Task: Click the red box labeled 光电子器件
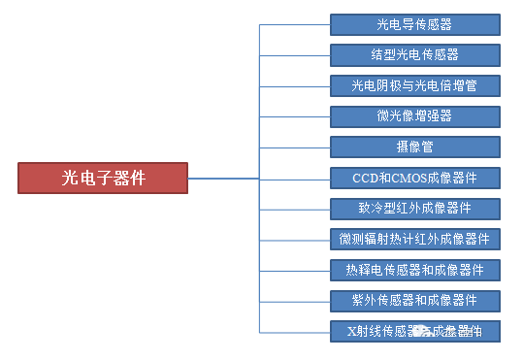[103, 178]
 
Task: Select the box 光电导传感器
[414, 23]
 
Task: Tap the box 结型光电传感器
[414, 54]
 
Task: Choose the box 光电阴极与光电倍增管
[414, 85]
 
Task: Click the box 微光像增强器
[414, 116]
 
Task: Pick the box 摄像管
[414, 147]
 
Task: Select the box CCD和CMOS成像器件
[414, 178]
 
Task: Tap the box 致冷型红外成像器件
[414, 209]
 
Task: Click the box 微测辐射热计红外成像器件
[414, 239]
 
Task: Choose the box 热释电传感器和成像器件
[414, 270]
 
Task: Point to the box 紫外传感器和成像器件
[414, 301]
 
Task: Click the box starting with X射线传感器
[414, 331]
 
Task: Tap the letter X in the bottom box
[351, 332]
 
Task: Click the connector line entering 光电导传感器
[295, 23]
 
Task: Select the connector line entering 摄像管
[295, 147]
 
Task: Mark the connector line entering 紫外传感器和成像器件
[295, 301]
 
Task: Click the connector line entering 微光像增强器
[295, 116]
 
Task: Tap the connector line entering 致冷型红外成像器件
[295, 209]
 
